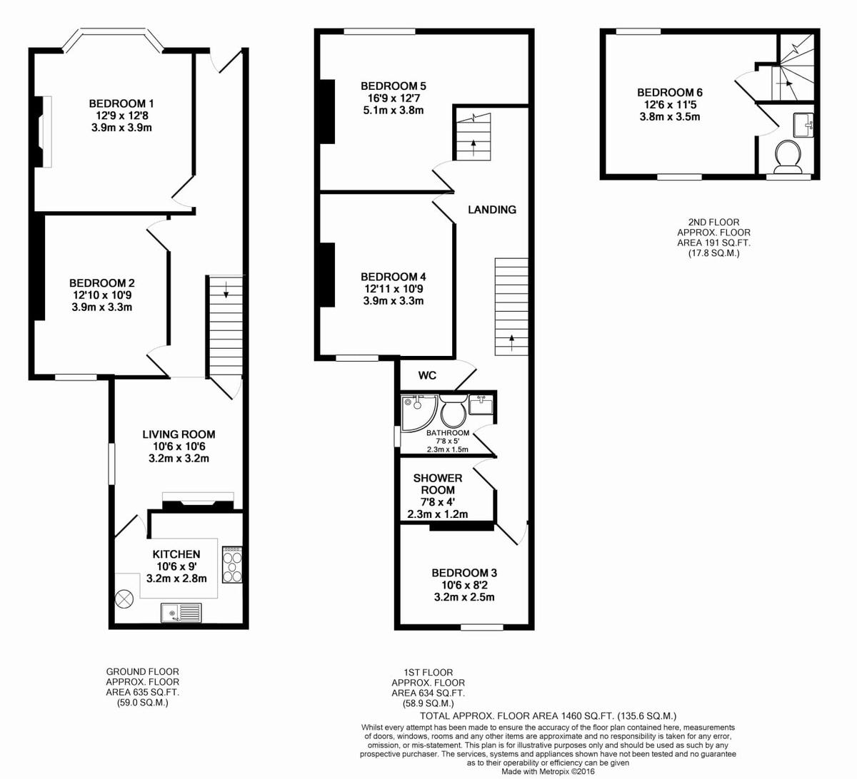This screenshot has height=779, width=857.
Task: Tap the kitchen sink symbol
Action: [x=181, y=613]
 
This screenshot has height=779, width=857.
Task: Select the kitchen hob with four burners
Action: [x=233, y=564]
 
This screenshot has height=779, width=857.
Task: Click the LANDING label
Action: [x=492, y=210]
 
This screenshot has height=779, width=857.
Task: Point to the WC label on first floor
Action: [x=427, y=375]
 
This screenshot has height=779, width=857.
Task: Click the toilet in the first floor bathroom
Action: [x=453, y=413]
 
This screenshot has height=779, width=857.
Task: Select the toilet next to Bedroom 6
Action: [x=788, y=156]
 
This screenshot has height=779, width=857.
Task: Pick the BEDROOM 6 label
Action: [x=670, y=93]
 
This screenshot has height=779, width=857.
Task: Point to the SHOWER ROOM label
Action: [x=438, y=484]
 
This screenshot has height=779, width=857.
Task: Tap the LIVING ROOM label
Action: [x=179, y=434]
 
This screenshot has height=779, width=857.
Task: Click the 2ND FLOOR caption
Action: [x=713, y=223]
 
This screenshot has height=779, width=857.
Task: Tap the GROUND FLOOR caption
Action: [x=143, y=671]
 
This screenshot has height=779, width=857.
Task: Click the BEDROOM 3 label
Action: [x=464, y=573]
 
